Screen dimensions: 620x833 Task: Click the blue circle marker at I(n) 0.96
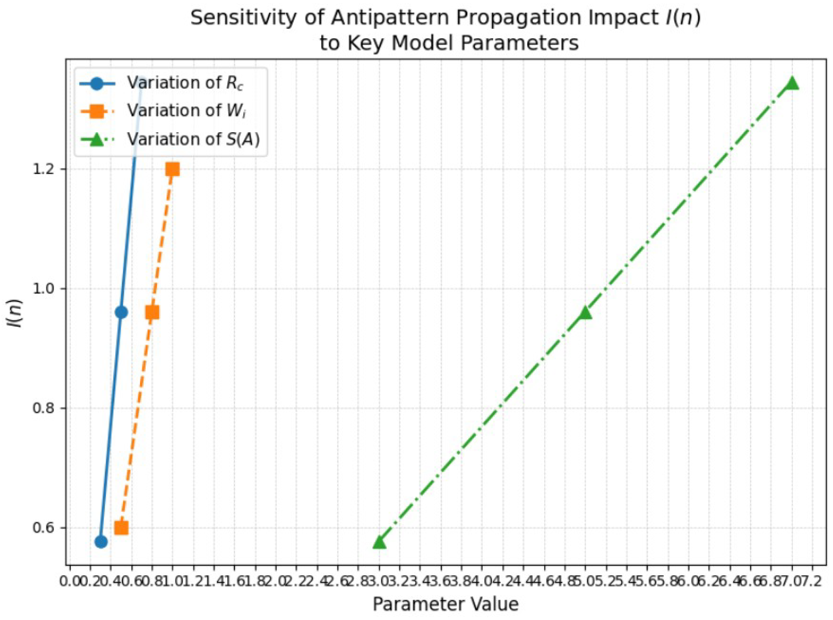[121, 312]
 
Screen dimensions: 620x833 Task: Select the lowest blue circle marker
[101, 542]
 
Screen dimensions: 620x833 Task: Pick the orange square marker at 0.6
[121, 528]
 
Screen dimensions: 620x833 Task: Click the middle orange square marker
[152, 312]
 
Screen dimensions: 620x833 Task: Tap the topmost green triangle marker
[792, 83]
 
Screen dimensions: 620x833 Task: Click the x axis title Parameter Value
[445, 604]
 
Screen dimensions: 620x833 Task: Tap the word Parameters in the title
[520, 43]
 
